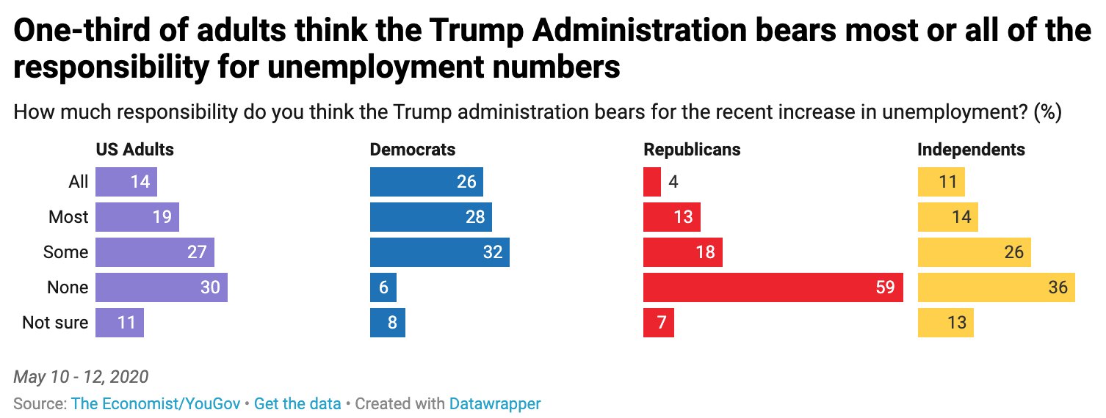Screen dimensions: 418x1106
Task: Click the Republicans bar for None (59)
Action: [773, 287]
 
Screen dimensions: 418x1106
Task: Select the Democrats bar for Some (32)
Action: [439, 252]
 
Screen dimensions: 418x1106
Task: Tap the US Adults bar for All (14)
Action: [126, 182]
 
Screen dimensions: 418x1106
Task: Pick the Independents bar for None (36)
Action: [996, 287]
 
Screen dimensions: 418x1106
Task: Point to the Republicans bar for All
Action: [651, 182]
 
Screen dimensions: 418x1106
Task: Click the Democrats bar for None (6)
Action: [383, 287]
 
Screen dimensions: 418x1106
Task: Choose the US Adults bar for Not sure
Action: [119, 323]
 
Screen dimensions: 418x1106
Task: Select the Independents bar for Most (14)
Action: [947, 217]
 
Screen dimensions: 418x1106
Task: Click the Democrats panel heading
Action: [413, 150]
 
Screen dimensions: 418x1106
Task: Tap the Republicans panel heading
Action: [692, 150]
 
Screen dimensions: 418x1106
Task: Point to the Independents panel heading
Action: [971, 150]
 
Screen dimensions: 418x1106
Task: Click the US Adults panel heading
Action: [135, 150]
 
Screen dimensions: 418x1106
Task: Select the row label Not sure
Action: [55, 323]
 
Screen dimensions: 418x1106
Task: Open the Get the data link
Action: [297, 403]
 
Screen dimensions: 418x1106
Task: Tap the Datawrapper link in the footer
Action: [495, 403]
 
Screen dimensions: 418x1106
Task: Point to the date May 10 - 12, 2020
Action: [81, 377]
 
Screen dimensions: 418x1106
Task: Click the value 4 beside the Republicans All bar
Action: [673, 182]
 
